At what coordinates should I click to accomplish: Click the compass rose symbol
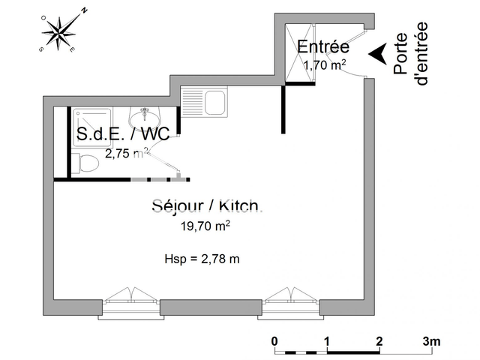58,33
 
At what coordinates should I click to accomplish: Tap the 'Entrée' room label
323,47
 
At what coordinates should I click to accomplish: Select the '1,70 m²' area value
324,65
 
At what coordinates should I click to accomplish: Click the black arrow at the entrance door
380,52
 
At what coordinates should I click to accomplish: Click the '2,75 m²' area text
126,154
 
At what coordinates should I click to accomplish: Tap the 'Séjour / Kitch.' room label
205,205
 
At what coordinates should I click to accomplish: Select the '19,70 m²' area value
205,224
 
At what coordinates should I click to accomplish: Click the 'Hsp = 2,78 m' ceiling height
202,259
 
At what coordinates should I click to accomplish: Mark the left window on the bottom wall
131,298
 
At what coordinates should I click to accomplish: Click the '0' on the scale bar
275,340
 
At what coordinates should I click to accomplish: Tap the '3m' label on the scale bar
431,340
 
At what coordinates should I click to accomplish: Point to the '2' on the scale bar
379,340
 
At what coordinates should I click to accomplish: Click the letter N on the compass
85,11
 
